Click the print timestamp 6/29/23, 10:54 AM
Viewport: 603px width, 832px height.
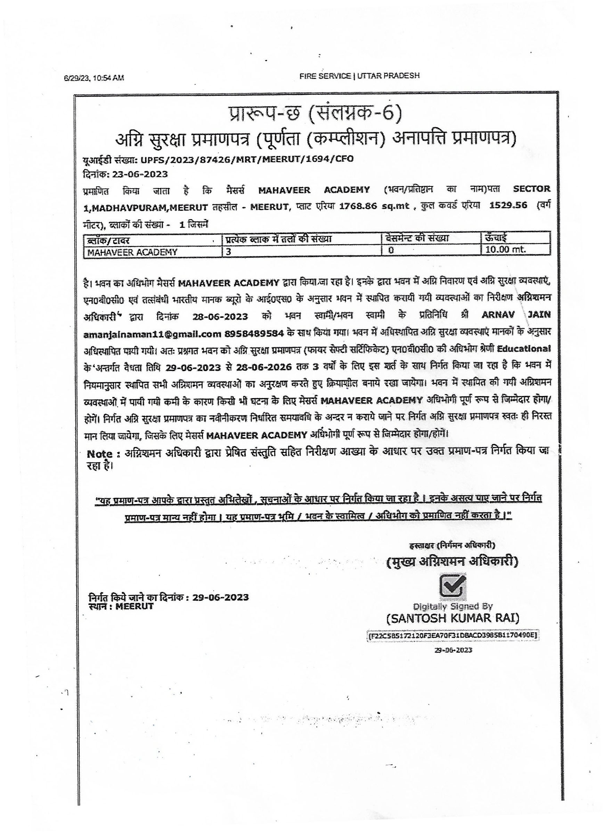(94, 78)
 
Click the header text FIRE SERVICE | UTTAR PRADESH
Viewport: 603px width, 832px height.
(359, 76)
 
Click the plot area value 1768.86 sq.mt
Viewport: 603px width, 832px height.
(374, 206)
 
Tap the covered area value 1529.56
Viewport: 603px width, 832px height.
(508, 205)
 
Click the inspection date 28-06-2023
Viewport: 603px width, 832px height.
(220, 316)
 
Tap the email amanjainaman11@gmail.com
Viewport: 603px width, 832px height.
(152, 334)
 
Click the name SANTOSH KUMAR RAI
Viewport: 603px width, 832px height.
(453, 618)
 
